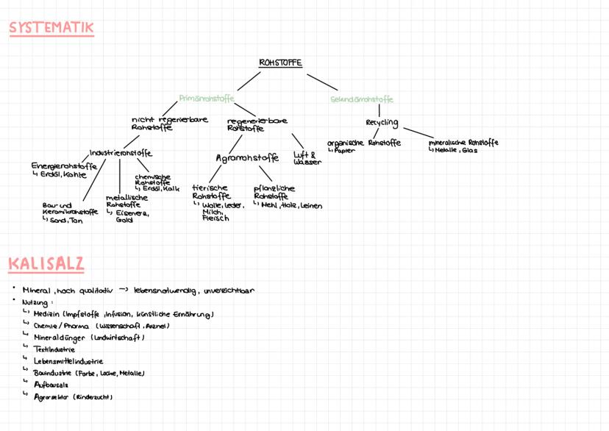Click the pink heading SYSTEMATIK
51,29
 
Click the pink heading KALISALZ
46,263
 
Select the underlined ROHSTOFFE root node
280,63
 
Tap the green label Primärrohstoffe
207,98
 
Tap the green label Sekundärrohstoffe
362,99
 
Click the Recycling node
382,122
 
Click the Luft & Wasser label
307,158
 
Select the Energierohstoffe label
64,166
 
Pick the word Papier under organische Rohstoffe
346,150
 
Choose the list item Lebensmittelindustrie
68,361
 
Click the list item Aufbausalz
51,385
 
